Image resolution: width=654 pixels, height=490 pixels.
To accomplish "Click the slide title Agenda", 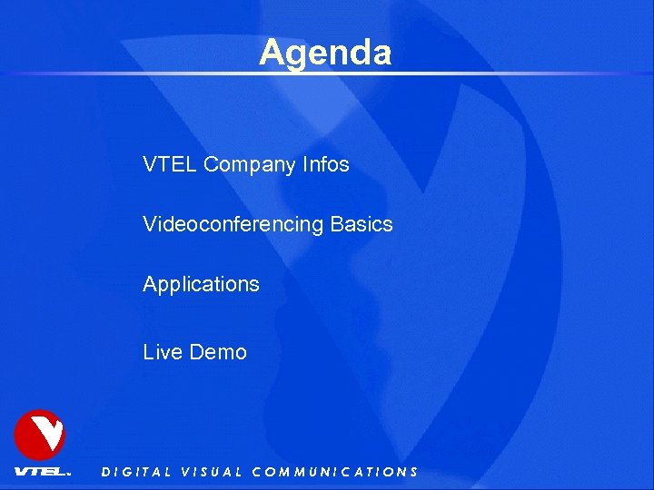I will click(x=325, y=53).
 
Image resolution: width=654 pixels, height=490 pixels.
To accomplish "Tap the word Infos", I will click(x=325, y=165).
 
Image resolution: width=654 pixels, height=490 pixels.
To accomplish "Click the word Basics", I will click(x=362, y=224).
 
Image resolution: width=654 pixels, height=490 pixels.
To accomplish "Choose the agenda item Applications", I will click(x=201, y=285).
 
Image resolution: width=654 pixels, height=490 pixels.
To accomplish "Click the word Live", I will click(x=163, y=352).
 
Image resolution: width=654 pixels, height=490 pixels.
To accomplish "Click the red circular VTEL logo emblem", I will click(x=39, y=435).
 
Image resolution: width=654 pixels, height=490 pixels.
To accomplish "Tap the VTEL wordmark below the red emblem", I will click(x=41, y=472).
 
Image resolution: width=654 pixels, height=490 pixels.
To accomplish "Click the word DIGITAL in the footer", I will click(x=136, y=472).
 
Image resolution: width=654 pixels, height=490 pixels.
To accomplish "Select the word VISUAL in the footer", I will click(x=212, y=472).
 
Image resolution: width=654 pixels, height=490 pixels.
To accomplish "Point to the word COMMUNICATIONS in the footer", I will click(x=334, y=472).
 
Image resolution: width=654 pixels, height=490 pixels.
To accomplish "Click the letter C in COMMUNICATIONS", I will click(x=257, y=472).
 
